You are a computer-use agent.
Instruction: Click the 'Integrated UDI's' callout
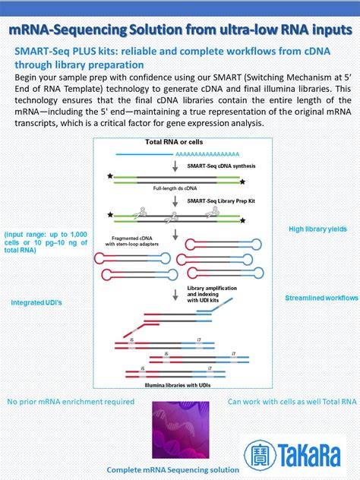36,302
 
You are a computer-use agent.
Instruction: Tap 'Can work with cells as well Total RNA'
292,401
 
